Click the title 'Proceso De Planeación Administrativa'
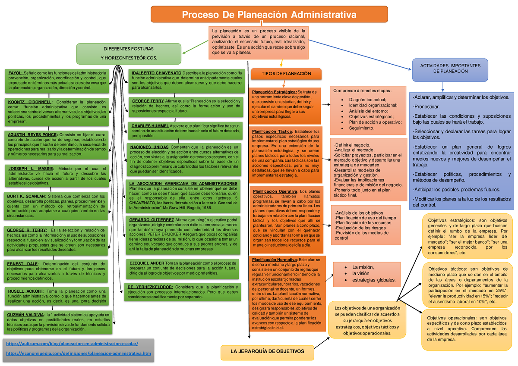[269, 16]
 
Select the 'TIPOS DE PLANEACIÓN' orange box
[286, 74]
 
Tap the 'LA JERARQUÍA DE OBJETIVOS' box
[267, 352]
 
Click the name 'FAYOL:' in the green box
[16, 72]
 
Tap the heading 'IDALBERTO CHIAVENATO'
[156, 72]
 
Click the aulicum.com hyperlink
[71, 344]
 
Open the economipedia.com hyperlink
[77, 353]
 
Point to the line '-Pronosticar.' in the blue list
[426, 106]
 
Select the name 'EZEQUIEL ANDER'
[147, 263]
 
